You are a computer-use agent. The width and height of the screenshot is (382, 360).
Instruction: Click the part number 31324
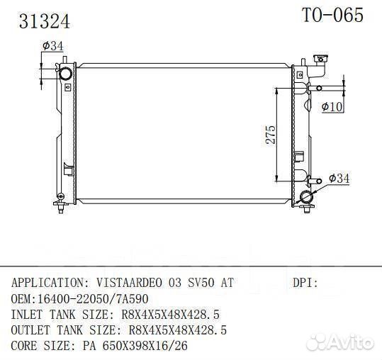45,21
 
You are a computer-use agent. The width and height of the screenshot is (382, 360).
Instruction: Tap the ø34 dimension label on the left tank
53,46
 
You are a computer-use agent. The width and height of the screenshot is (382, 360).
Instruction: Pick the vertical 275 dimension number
271,135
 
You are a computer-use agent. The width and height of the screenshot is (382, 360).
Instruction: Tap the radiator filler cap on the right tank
318,62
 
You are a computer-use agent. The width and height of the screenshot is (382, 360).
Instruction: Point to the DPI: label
305,283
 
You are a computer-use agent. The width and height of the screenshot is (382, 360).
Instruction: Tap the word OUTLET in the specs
31,330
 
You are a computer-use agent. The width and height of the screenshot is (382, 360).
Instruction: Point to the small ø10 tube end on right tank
319,88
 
